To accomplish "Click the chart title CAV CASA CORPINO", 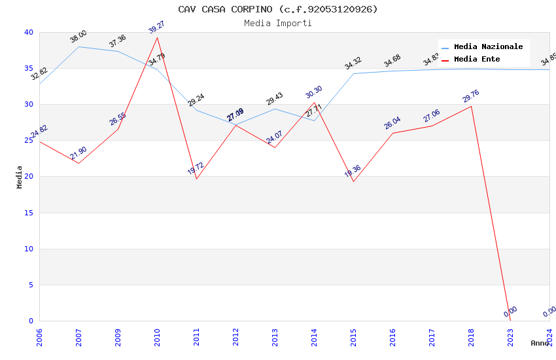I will click(278, 9).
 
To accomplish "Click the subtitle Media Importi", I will click(278, 23).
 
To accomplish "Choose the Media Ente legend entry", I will click(477, 60).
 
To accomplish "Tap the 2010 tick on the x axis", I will click(157, 334).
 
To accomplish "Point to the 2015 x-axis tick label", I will click(353, 334).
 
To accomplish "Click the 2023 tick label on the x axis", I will click(510, 334).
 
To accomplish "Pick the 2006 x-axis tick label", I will click(39, 334).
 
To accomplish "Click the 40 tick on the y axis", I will click(28, 32).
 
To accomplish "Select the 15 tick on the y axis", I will click(28, 213).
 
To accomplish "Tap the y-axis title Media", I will click(20, 177).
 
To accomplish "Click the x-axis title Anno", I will click(540, 343).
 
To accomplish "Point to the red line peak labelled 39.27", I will click(157, 37).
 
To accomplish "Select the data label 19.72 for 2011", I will click(196, 168).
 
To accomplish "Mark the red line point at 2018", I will click(471, 106).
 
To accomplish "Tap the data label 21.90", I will click(78, 153).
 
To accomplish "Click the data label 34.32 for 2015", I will click(353, 63).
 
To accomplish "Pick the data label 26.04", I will click(392, 123).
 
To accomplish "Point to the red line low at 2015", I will click(353, 181).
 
